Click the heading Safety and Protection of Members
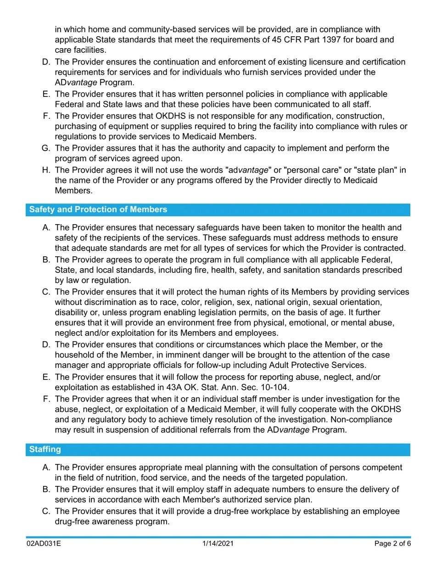tap(98, 209)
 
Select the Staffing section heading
tap(45, 449)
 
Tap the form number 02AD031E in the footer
tap(44, 544)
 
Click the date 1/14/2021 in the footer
tap(218, 544)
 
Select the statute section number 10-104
tap(274, 387)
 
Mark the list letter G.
tap(45, 148)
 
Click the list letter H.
tap(45, 170)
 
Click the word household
tap(74, 355)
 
